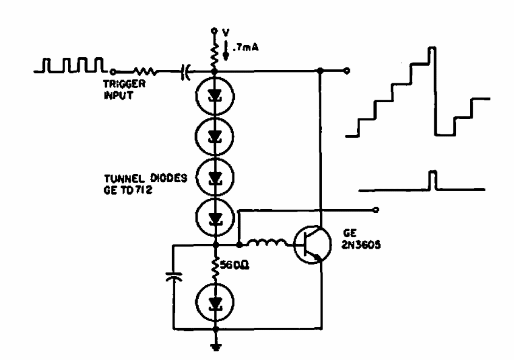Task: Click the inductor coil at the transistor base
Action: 268,244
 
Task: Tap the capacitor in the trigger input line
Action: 184,72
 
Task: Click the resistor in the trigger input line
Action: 147,72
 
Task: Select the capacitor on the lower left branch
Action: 173,278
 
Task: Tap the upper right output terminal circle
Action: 347,71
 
